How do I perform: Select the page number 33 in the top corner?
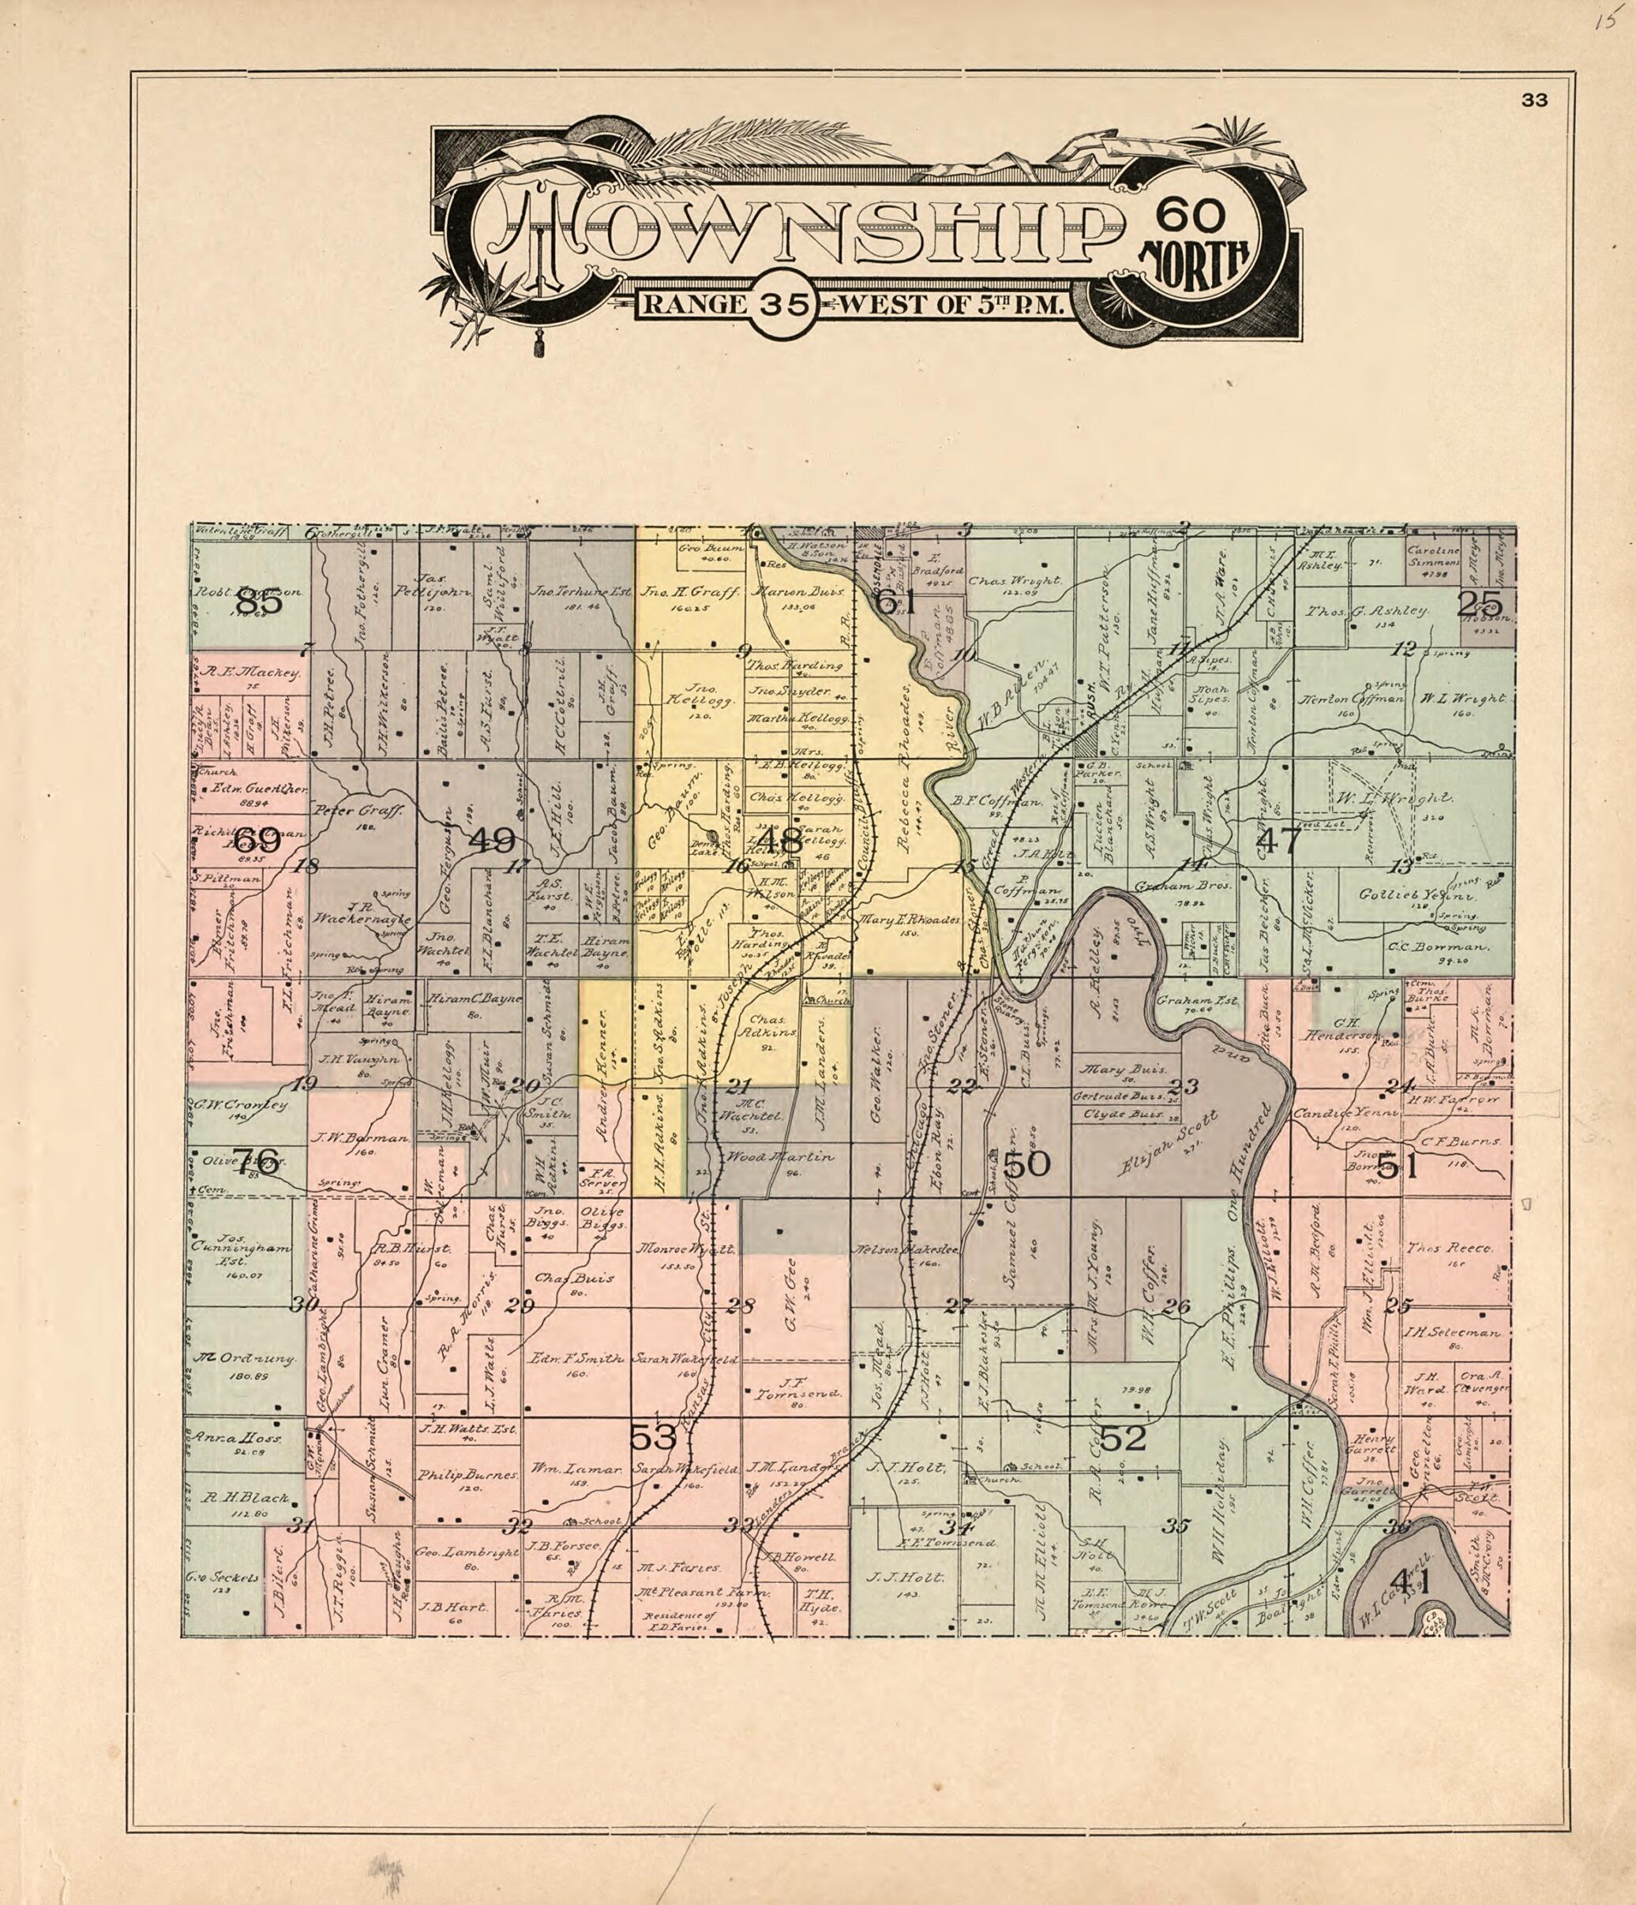click(1534, 101)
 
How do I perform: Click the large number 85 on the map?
click(258, 604)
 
